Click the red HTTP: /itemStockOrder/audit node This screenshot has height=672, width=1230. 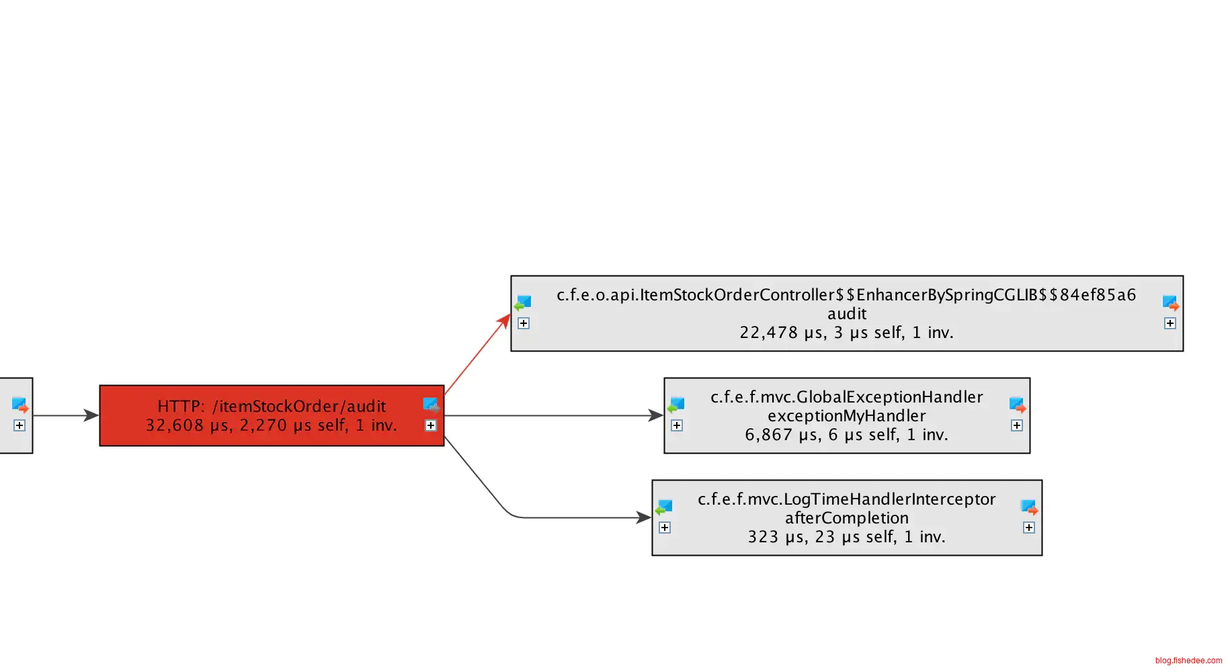click(x=272, y=415)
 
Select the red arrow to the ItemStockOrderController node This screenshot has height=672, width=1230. click(x=477, y=353)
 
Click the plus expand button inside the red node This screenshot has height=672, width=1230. click(x=431, y=425)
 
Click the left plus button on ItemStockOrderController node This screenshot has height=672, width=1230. click(x=524, y=323)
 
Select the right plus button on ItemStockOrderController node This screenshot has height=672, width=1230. click(x=1170, y=323)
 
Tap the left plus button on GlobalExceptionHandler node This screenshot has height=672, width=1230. click(x=677, y=425)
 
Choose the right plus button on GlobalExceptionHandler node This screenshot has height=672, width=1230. click(x=1017, y=425)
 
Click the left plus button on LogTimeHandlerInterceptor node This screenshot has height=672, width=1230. click(x=665, y=528)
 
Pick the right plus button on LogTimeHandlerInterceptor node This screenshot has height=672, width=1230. click(x=1029, y=528)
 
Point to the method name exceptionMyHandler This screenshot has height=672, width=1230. click(x=846, y=416)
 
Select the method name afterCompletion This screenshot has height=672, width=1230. click(x=846, y=518)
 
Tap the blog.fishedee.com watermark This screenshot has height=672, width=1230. click(x=1188, y=661)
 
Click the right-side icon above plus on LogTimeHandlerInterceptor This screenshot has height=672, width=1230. click(x=1029, y=507)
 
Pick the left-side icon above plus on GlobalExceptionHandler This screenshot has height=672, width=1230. click(x=676, y=405)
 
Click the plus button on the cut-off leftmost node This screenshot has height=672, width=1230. click(x=19, y=425)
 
